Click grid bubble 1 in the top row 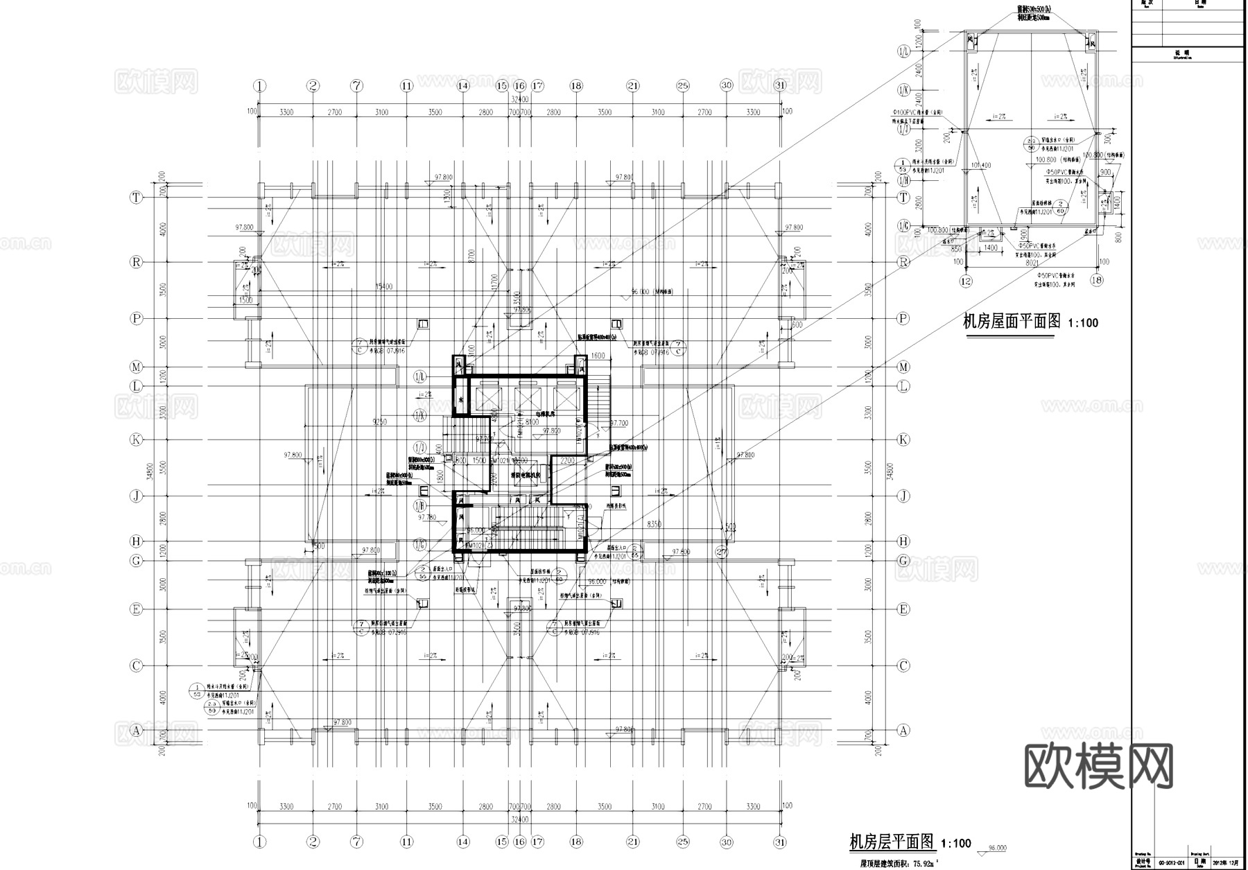pyautogui.click(x=259, y=86)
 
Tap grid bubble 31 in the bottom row pyautogui.click(x=781, y=842)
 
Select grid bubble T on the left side pyautogui.click(x=137, y=198)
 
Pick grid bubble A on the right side pyautogui.click(x=903, y=730)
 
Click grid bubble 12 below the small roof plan pyautogui.click(x=966, y=281)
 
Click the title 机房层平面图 pyautogui.click(x=892, y=842)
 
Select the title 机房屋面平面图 pyautogui.click(x=1012, y=321)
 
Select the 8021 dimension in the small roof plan pyautogui.click(x=1032, y=263)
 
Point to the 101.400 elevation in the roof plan pyautogui.click(x=981, y=166)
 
